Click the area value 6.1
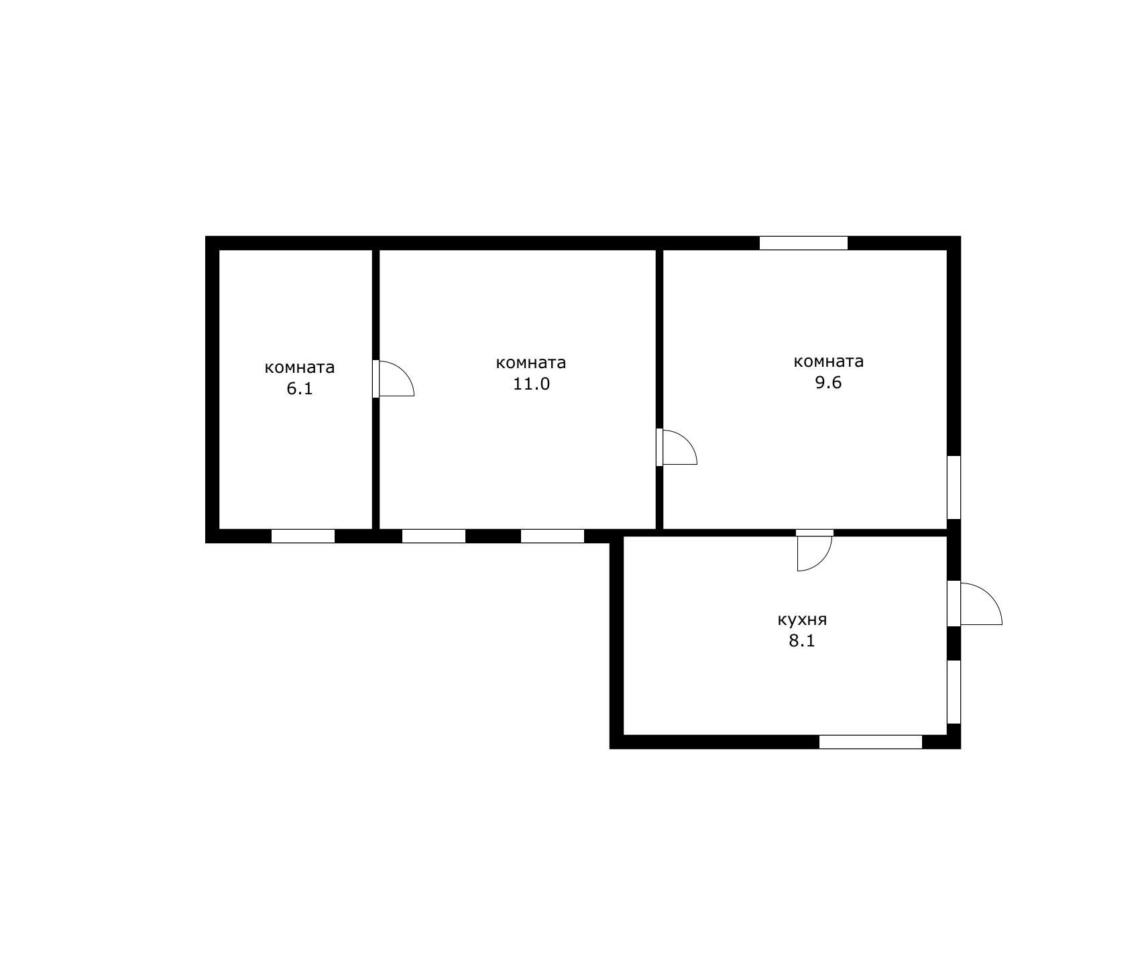coord(300,389)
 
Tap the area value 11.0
coord(531,384)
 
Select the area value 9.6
coord(828,383)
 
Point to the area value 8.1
coord(802,640)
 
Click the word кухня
coord(802,620)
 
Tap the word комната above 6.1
coord(300,367)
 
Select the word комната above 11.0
coord(531,363)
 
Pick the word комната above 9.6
coord(829,361)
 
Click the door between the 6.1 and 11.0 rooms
coord(393,379)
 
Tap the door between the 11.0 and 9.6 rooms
coord(676,447)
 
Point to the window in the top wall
coord(803,243)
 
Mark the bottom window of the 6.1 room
coord(303,536)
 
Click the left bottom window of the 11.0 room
coord(434,536)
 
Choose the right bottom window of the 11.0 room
coord(553,536)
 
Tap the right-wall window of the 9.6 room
coord(954,488)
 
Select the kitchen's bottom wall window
coord(871,742)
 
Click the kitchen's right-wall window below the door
coord(954,692)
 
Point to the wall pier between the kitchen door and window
coord(954,643)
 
